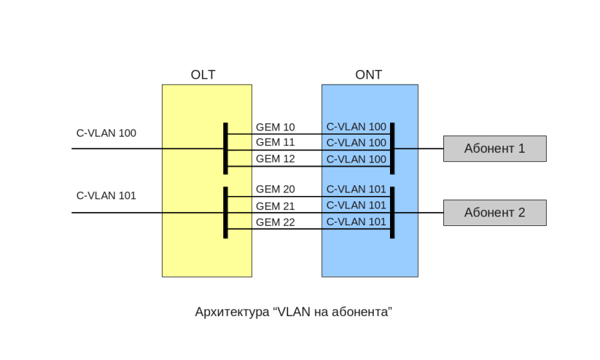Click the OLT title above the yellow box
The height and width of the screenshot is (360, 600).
(x=203, y=75)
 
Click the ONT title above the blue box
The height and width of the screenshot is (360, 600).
(x=369, y=75)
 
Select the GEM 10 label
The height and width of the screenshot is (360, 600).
(x=275, y=127)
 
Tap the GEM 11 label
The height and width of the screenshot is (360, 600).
(x=275, y=143)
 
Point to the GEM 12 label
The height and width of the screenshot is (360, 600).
(x=275, y=159)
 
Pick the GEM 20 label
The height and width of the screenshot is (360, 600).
(x=275, y=189)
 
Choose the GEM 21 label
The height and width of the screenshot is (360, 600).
(x=275, y=206)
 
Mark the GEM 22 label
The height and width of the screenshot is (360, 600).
(x=275, y=222)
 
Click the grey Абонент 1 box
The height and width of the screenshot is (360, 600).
(x=495, y=149)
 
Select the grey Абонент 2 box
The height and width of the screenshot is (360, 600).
(x=495, y=213)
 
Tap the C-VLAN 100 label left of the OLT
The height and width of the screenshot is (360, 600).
(x=106, y=133)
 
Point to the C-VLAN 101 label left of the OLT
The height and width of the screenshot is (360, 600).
(x=106, y=196)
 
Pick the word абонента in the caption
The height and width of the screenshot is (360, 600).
(x=360, y=311)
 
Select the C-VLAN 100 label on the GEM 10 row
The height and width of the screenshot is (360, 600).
(x=356, y=127)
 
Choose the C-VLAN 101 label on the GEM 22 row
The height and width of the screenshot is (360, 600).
(x=356, y=222)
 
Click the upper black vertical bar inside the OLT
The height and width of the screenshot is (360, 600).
(x=225, y=148)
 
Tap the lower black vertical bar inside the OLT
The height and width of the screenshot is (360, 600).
(x=225, y=213)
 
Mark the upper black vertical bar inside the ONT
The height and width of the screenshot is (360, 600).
(x=392, y=148)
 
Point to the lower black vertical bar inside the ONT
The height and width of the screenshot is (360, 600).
(x=392, y=213)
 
